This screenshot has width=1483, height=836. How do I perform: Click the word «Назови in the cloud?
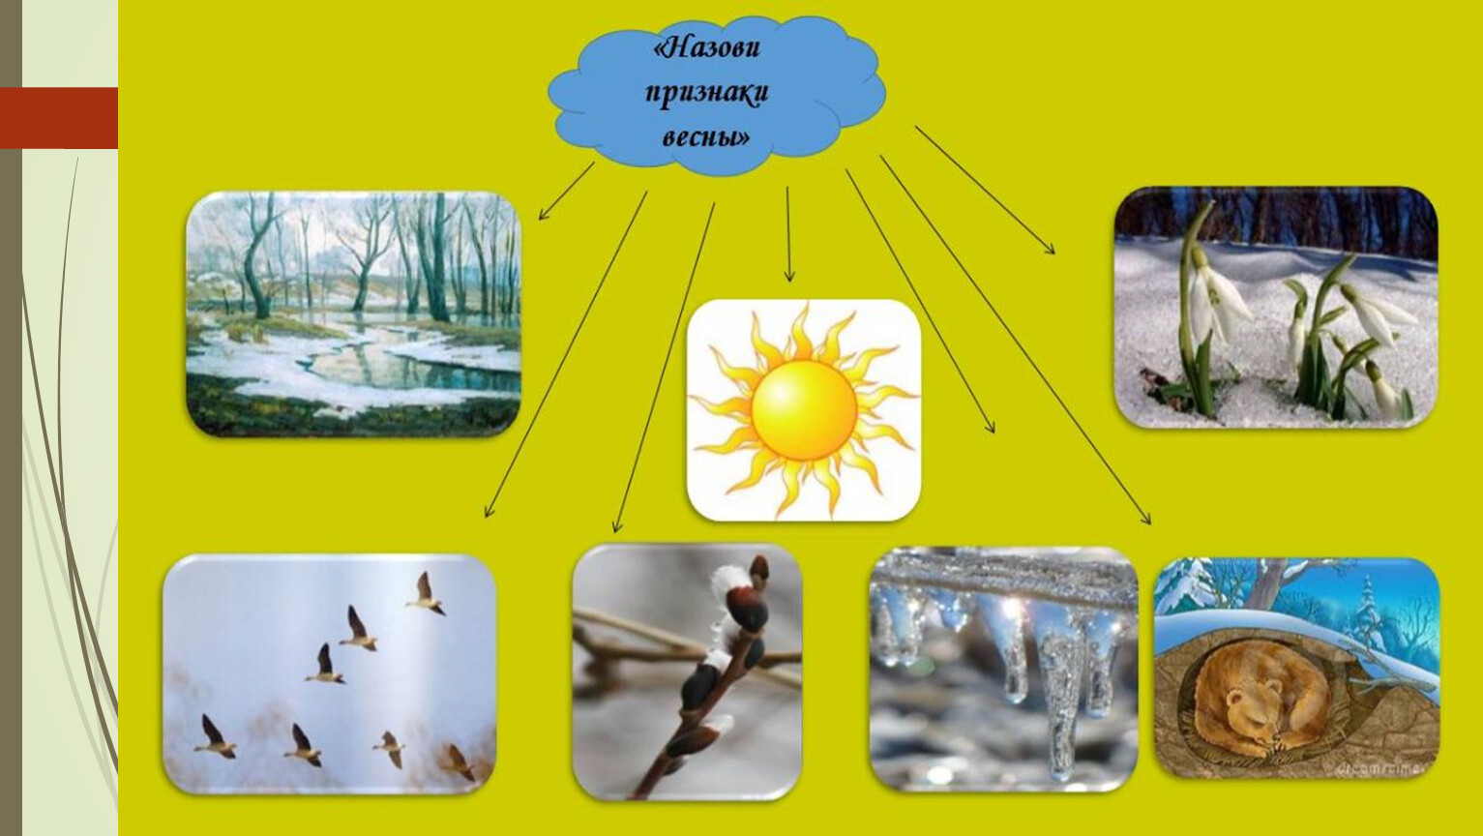pyautogui.click(x=706, y=47)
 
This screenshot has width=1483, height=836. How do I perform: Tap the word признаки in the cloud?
pyautogui.click(x=707, y=93)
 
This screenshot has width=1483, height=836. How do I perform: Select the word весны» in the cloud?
pyautogui.click(x=706, y=136)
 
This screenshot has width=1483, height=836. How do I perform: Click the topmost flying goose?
pyautogui.click(x=425, y=594)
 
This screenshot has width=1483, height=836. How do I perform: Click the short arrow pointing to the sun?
pyautogui.click(x=787, y=234)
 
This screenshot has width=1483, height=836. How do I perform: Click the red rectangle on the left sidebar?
pyautogui.click(x=59, y=118)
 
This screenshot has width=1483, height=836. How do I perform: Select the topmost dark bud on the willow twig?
pyautogui.click(x=759, y=569)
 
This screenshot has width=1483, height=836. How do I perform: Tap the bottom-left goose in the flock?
pyautogui.click(x=215, y=736)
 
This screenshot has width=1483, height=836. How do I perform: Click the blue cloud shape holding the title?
pyautogui.click(x=716, y=96)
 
